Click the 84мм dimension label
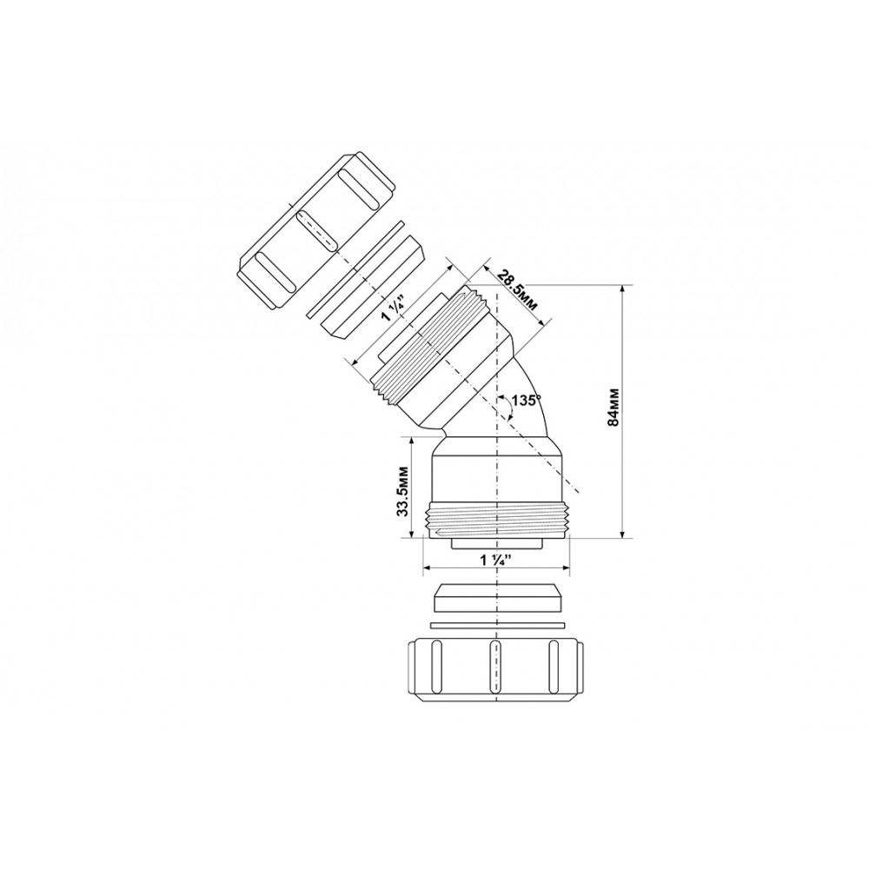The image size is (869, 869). pyautogui.click(x=613, y=407)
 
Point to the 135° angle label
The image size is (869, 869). pyautogui.click(x=526, y=399)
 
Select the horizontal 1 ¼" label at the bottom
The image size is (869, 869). pyautogui.click(x=495, y=561)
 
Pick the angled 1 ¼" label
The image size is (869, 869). pyautogui.click(x=394, y=308)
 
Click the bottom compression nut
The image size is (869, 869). pyautogui.click(x=495, y=671)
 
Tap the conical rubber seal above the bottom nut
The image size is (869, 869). pyautogui.click(x=495, y=598)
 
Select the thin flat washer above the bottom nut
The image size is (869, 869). pyautogui.click(x=496, y=626)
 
